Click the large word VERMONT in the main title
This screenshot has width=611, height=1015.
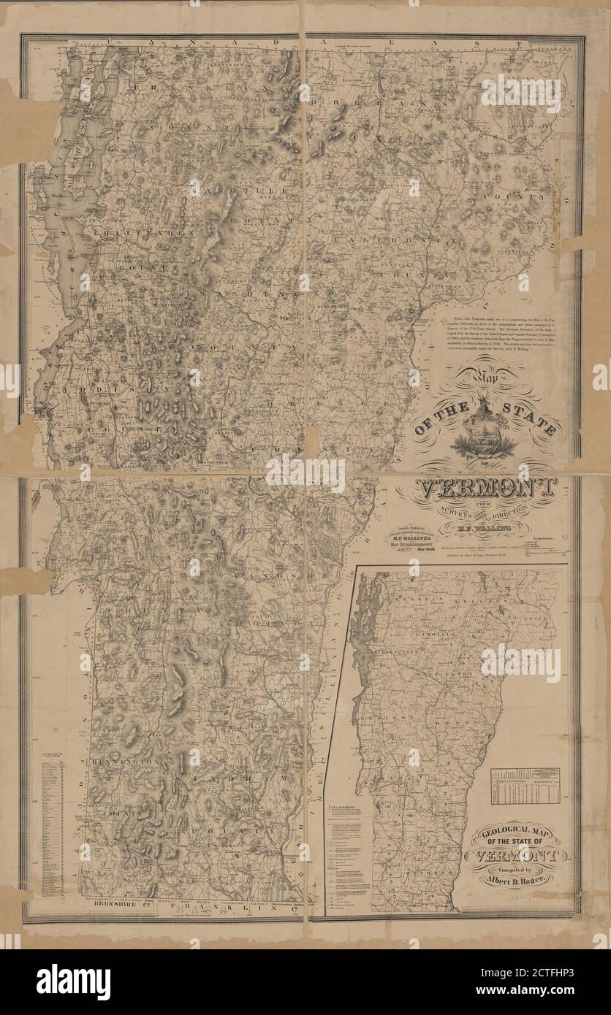pyautogui.click(x=486, y=488)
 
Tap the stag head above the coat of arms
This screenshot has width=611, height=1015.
pyautogui.click(x=484, y=403)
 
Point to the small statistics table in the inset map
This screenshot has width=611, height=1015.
pyautogui.click(x=524, y=786)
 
